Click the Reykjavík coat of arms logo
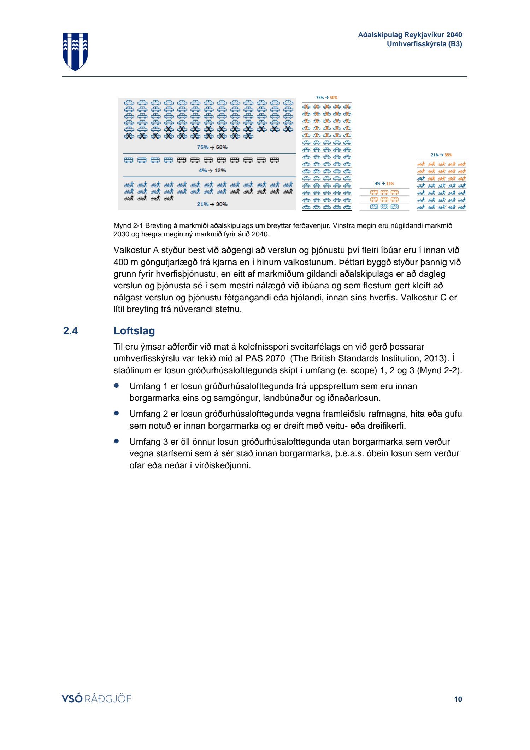[75, 51]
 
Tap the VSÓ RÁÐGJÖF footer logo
[96, 699]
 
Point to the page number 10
[458, 699]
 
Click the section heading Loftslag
[134, 331]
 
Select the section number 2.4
[70, 331]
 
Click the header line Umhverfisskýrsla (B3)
[424, 44]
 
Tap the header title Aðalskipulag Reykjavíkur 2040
[410, 35]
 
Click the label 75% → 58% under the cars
[212, 147]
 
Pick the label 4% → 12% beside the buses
[212, 170]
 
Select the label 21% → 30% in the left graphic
[212, 204]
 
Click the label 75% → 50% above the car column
[326, 98]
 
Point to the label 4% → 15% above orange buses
[384, 184]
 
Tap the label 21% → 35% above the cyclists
[441, 155]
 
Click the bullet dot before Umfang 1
[116, 385]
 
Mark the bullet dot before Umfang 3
[116, 441]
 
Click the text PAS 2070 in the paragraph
[265, 358]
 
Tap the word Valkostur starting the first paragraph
[132, 250]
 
